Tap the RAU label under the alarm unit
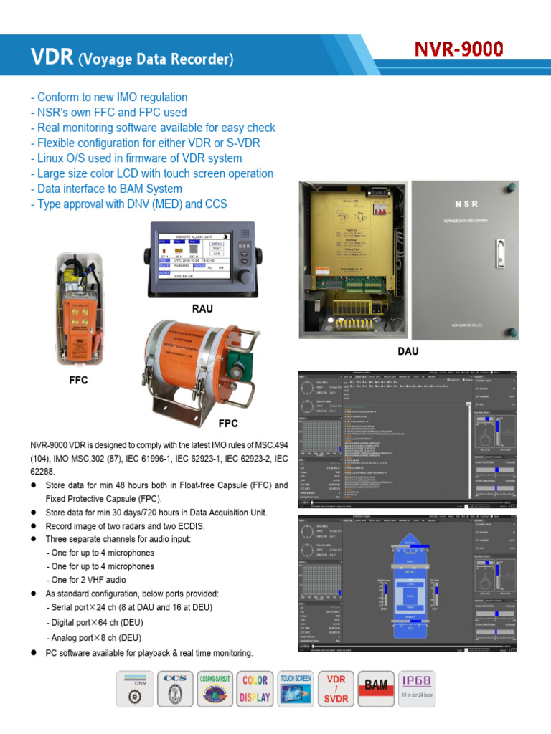[x=202, y=309]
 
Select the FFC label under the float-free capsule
[x=78, y=380]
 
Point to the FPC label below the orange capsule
[x=227, y=423]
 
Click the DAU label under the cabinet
[x=407, y=351]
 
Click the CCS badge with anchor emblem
[x=174, y=690]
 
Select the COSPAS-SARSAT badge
[x=215, y=690]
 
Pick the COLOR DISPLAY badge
[x=255, y=690]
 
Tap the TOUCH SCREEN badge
[x=296, y=690]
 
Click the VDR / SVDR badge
[x=336, y=690]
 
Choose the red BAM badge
[x=377, y=690]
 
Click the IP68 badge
[x=417, y=690]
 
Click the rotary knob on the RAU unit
[x=245, y=277]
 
